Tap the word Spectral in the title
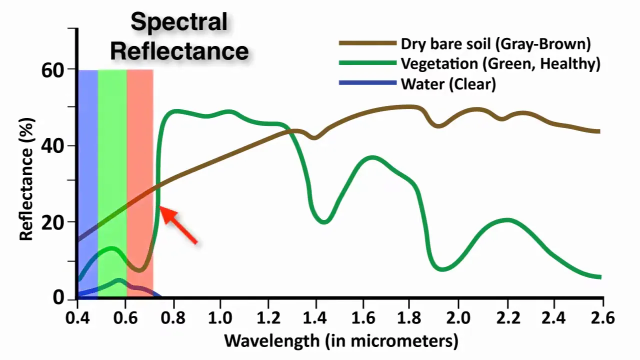[178, 22]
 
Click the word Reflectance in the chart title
[179, 50]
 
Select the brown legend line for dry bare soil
[367, 43]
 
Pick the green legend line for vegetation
[367, 63]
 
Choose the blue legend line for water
[367, 83]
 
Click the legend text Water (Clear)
[448, 84]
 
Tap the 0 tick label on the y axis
[59, 298]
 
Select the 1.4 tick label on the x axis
[315, 318]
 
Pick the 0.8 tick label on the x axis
[173, 318]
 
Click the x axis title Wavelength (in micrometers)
[341, 341]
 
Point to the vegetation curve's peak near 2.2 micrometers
[507, 220]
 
